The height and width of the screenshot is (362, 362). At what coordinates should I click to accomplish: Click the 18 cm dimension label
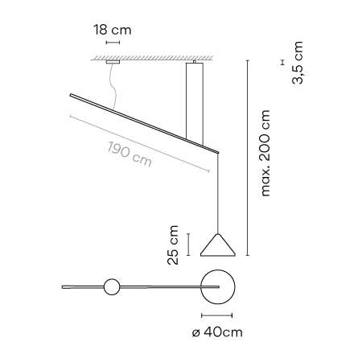(113, 30)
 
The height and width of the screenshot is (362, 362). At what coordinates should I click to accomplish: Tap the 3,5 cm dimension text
(298, 63)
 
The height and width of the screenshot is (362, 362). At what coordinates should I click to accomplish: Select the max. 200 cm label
(265, 153)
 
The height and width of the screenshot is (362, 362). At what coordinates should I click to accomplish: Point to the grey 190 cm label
(130, 154)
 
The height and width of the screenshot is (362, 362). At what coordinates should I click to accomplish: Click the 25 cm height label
(173, 245)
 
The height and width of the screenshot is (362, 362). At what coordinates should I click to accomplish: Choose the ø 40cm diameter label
(217, 332)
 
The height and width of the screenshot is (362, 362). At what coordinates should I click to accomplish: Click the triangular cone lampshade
(218, 245)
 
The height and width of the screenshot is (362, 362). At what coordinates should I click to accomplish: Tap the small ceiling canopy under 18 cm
(113, 62)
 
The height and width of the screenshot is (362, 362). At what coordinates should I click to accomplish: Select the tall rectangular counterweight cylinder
(195, 102)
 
